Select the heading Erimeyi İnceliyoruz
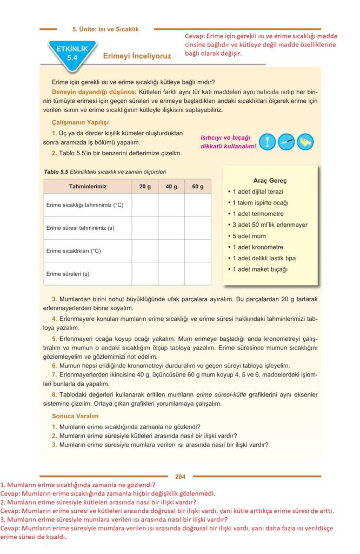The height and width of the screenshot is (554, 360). [137, 56]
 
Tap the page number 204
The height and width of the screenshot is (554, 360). [180, 477]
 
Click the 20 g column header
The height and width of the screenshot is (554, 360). [145, 187]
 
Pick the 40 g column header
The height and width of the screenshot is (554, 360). [171, 187]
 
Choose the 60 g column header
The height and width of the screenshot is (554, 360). [198, 187]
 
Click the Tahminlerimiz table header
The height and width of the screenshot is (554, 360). [88, 187]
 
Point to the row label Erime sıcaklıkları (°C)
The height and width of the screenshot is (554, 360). [74, 251]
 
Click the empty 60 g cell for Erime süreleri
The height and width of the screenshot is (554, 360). [198, 274]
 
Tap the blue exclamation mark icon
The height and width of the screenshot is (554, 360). [267, 142]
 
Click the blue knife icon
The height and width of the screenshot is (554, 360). [286, 142]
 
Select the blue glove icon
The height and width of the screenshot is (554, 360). [305, 142]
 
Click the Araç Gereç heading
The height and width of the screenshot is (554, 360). [270, 180]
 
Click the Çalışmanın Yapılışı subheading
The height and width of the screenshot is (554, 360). [80, 123]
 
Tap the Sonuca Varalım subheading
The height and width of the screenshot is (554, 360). [75, 416]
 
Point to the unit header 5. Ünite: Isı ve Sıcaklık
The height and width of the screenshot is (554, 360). [105, 29]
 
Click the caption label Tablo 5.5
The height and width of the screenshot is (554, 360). [56, 172]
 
